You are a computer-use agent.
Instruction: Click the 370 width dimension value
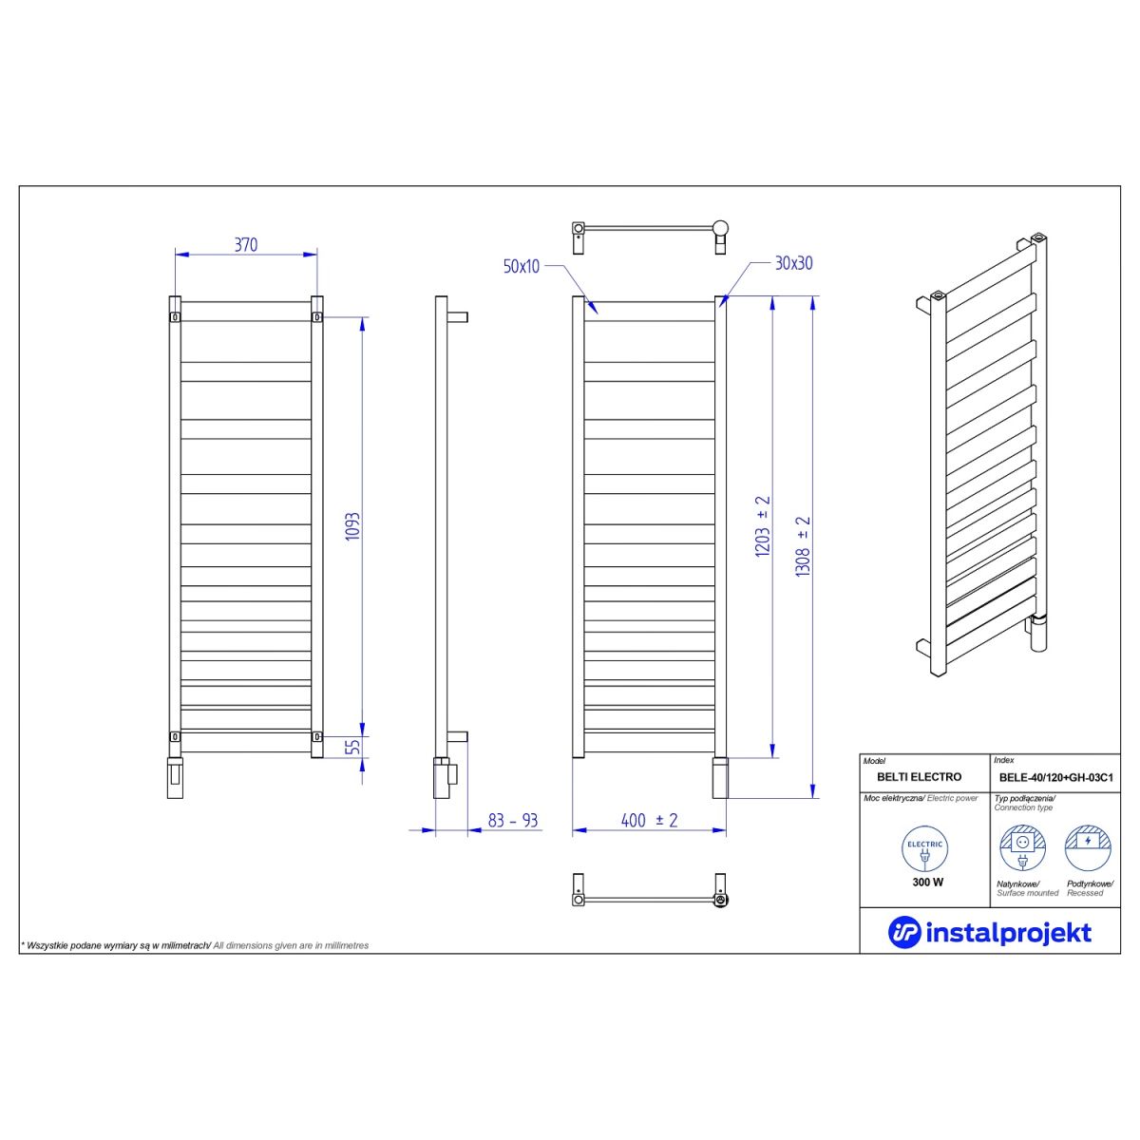coord(245,244)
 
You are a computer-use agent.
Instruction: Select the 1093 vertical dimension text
coord(352,526)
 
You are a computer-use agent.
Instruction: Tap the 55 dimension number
coord(352,746)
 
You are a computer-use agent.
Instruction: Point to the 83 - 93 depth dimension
coord(512,821)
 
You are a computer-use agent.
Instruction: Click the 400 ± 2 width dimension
coord(649,820)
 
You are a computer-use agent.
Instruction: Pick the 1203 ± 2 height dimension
coord(763,526)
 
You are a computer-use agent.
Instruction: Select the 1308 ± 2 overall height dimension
coord(803,546)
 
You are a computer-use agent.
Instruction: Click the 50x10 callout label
coord(522,266)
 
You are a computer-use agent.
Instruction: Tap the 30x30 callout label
coord(794,263)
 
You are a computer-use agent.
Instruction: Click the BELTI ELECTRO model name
coord(919,777)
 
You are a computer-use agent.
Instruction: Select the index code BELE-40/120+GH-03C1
coord(1056,777)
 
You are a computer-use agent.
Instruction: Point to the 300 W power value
coord(927,882)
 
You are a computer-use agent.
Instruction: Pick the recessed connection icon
coord(1088,848)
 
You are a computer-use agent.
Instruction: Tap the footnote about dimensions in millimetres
coord(195,945)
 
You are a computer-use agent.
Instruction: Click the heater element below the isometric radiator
coord(1038,633)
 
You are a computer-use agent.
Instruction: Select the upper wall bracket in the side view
coord(457,317)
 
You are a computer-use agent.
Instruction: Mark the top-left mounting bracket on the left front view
coord(175,317)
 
